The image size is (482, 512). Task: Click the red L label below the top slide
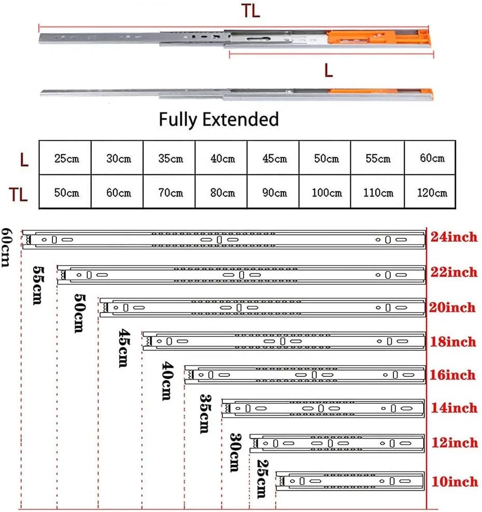tap(328, 71)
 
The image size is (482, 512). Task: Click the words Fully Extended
tap(219, 120)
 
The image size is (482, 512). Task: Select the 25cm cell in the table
tap(66, 158)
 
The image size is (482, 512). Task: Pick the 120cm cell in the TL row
tap(432, 193)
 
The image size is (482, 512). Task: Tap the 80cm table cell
tap(222, 193)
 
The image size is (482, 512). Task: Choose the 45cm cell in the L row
tap(274, 158)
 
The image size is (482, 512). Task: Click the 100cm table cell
tap(327, 193)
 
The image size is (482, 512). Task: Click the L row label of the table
tap(24, 159)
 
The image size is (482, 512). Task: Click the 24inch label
tap(453, 238)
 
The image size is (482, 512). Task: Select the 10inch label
tap(454, 481)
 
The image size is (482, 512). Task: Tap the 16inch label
tap(453, 374)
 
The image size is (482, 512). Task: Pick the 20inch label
tap(453, 308)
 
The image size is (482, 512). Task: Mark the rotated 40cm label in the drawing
tap(167, 382)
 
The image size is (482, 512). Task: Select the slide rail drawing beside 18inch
tap(283, 341)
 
